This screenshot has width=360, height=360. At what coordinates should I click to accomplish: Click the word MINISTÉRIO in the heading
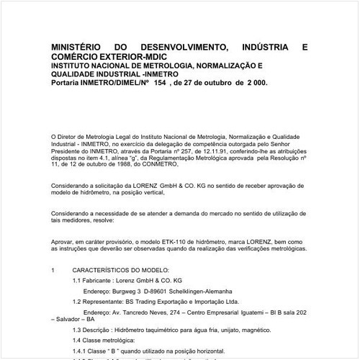(76, 48)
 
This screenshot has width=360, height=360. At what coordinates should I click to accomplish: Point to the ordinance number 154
(158, 83)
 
